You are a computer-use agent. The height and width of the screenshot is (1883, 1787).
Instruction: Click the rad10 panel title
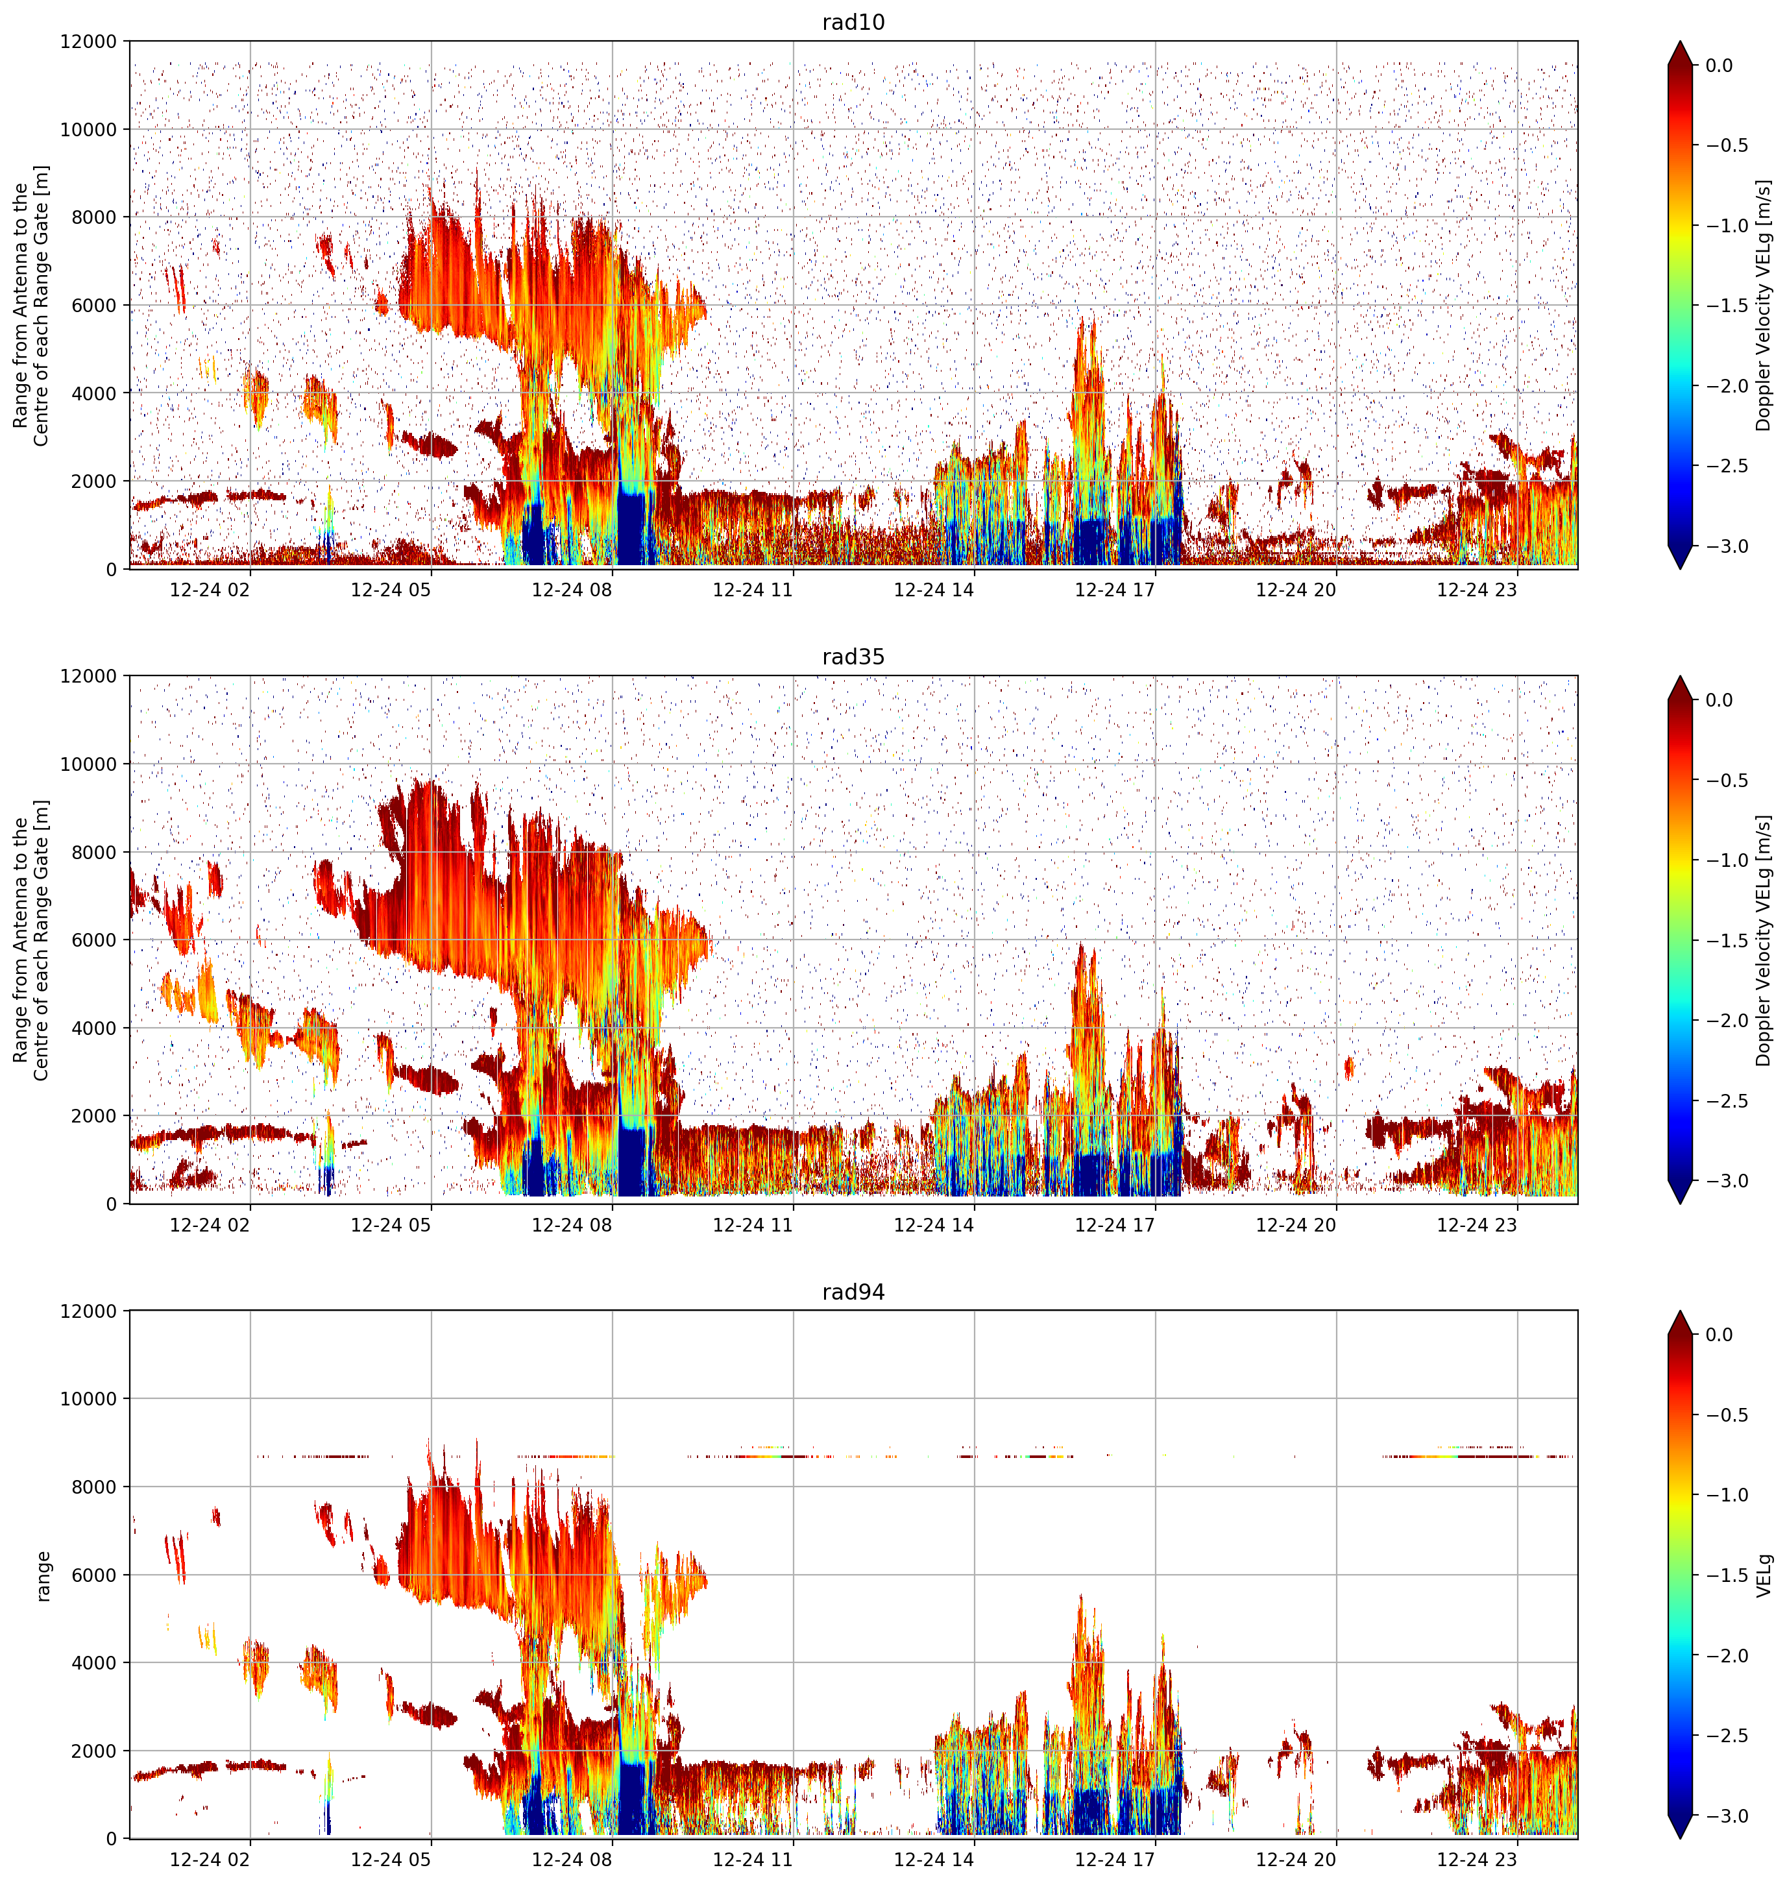[853, 22]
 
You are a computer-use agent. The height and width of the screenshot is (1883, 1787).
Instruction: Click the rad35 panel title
[853, 656]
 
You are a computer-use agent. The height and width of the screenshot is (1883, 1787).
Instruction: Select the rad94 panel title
[853, 1291]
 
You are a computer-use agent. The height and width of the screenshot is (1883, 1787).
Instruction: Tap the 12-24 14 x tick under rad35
[934, 1225]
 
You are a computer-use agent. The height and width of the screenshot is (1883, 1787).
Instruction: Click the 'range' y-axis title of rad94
[42, 1576]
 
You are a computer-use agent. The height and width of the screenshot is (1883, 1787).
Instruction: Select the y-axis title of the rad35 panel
[30, 940]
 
